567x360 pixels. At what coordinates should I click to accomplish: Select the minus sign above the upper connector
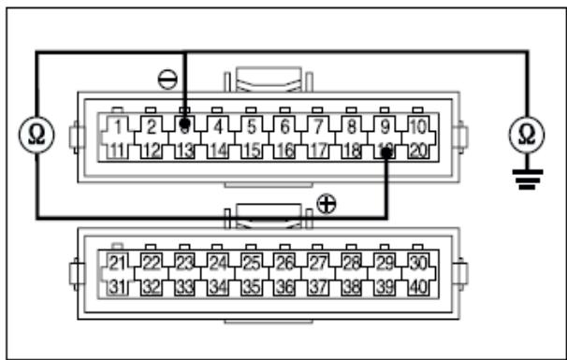[x=167, y=79]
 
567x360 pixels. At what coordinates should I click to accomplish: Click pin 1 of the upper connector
[x=117, y=125]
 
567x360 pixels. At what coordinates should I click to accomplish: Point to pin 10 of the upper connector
[x=418, y=125]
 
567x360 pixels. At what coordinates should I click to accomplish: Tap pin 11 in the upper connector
[x=117, y=149]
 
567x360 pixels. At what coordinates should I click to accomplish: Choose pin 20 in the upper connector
[x=418, y=149]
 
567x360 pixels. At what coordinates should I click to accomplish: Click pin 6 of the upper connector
[x=285, y=125]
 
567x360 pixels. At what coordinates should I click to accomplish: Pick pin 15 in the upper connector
[x=252, y=149]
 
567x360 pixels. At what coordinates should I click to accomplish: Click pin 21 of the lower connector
[x=118, y=263]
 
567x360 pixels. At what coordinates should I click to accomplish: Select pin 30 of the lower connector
[x=418, y=263]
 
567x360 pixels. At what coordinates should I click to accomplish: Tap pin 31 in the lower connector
[x=118, y=286]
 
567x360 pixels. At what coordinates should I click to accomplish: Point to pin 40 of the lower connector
[x=418, y=286]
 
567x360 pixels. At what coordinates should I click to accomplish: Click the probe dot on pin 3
[x=186, y=123]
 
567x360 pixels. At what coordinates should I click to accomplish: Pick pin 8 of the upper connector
[x=352, y=125]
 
